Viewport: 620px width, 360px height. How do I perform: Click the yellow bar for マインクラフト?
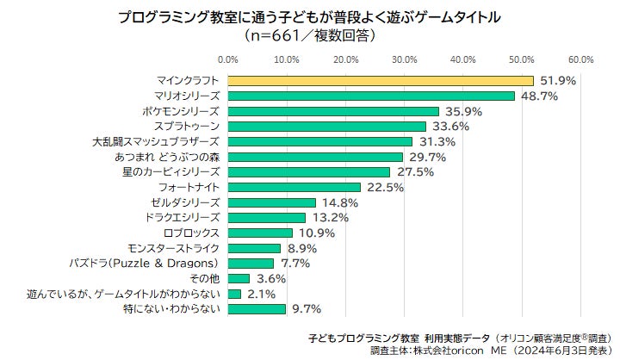381,81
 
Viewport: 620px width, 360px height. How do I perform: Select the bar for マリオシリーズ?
371,96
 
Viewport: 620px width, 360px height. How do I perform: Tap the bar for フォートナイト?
294,187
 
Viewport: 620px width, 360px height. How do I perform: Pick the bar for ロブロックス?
260,233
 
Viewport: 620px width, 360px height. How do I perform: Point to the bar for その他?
239,278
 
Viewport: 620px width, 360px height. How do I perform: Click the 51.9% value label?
558,81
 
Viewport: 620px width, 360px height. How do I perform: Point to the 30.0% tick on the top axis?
404,59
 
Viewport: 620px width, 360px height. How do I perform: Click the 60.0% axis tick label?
580,59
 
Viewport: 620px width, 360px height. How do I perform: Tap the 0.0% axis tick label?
227,59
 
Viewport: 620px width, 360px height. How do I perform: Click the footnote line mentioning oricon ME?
491,351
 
